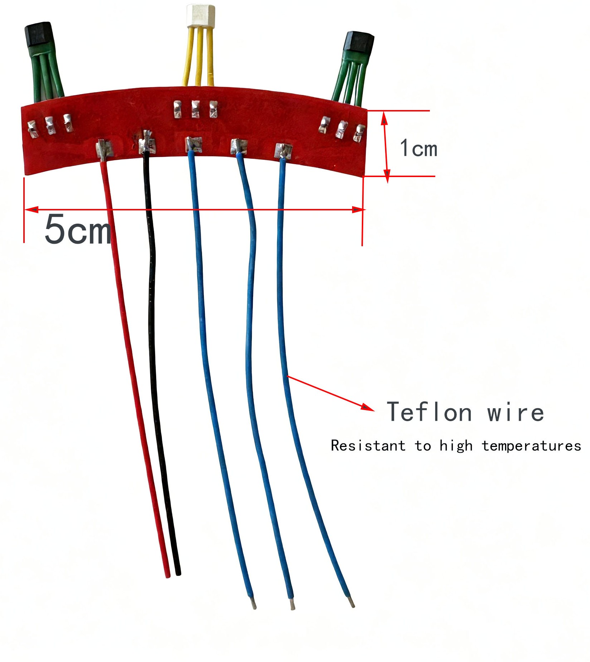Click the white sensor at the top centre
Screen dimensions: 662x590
coord(200,16)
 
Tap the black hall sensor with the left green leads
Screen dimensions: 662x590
coord(39,34)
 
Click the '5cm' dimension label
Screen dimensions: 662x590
coord(77,230)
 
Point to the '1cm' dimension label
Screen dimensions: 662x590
coord(418,148)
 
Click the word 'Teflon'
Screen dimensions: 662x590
coord(429,412)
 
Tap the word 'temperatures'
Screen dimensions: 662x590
coord(531,446)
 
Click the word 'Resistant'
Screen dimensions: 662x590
coord(368,446)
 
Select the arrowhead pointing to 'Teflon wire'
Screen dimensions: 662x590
coord(368,408)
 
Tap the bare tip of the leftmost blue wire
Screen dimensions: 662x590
coord(254,604)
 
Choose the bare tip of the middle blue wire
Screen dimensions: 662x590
coord(292,605)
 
